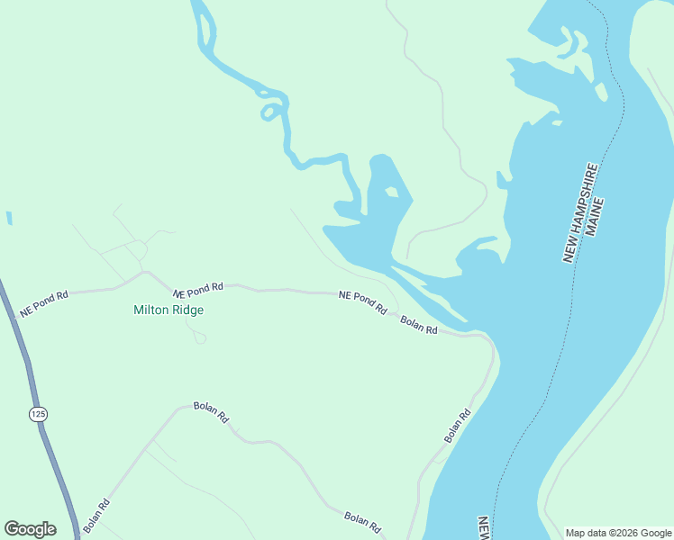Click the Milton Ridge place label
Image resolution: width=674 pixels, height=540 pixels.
point(168,310)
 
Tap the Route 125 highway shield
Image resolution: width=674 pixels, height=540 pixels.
point(37,414)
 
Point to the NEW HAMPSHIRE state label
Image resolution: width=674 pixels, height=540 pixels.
point(580,213)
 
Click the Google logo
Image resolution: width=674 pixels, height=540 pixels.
point(30,528)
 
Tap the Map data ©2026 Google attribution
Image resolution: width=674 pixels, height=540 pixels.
point(617,533)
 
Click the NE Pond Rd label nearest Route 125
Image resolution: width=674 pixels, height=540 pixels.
point(44,303)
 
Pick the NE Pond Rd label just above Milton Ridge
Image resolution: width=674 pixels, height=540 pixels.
point(198,290)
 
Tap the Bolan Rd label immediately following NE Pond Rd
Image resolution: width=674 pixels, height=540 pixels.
point(419,325)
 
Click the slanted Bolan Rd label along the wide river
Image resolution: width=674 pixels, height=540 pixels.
point(458,427)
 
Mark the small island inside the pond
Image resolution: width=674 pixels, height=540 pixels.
point(391,192)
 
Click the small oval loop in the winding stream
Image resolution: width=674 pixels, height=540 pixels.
point(269,112)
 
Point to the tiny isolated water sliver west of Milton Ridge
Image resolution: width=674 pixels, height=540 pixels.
point(9,218)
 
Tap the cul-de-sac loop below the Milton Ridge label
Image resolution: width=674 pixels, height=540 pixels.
point(199,337)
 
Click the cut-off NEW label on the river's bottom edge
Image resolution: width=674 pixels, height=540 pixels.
point(484,528)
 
